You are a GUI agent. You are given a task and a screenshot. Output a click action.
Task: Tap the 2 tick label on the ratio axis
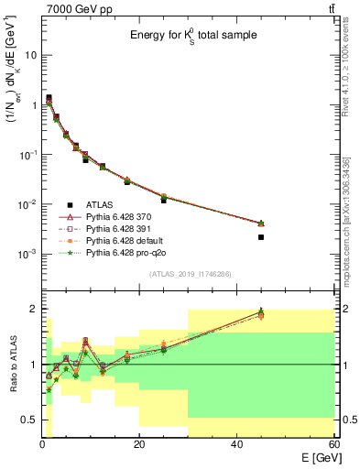click(33, 309)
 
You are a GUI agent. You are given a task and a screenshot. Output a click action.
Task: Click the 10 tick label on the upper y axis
click(29, 55)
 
